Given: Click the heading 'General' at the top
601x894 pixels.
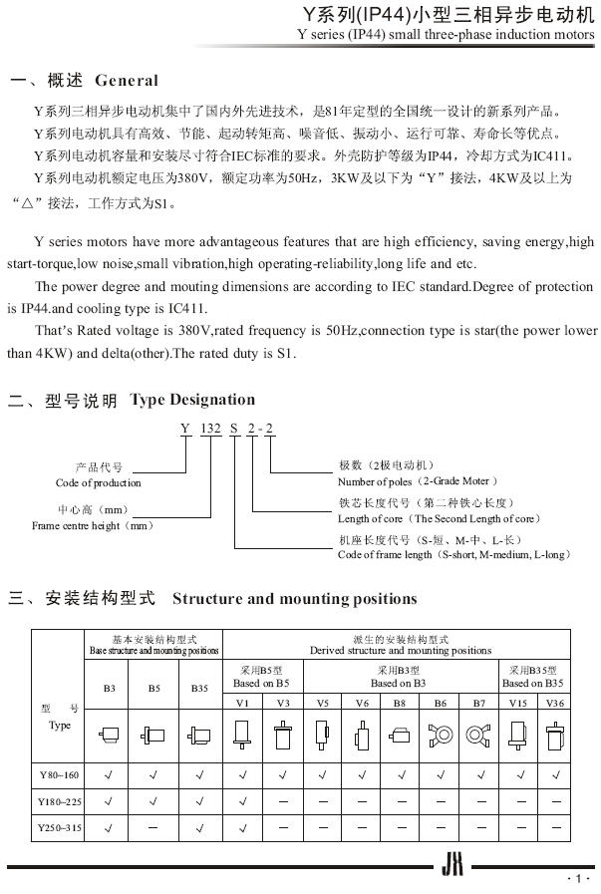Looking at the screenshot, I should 126,80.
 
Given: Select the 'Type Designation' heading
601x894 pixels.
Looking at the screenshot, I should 192,400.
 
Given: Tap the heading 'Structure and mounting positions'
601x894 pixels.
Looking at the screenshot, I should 294,599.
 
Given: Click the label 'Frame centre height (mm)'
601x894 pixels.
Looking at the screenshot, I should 94,525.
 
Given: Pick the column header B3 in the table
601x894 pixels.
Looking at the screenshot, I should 109,687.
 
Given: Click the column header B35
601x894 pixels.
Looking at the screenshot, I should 200,687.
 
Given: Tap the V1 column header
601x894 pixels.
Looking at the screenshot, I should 242,704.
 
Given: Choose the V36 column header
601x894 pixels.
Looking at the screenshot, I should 553,704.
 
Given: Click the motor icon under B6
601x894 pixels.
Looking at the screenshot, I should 439,738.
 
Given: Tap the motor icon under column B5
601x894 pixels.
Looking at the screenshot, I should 154,738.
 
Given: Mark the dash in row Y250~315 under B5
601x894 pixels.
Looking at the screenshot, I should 154,826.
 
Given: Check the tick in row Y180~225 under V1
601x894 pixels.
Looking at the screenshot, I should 242,799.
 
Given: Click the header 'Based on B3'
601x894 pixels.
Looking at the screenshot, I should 399,683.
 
